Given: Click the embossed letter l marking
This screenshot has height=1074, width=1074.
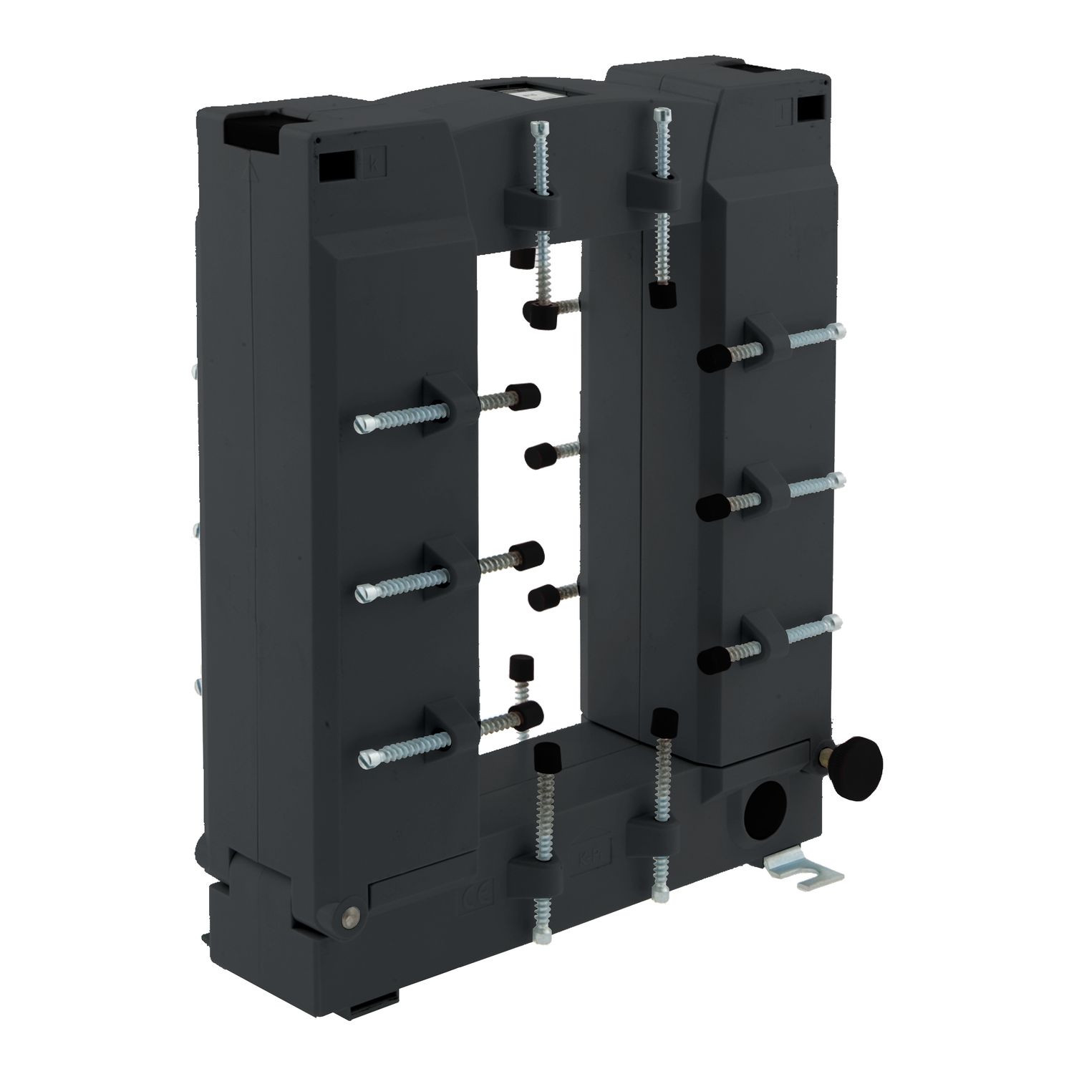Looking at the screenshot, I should (x=784, y=111).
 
